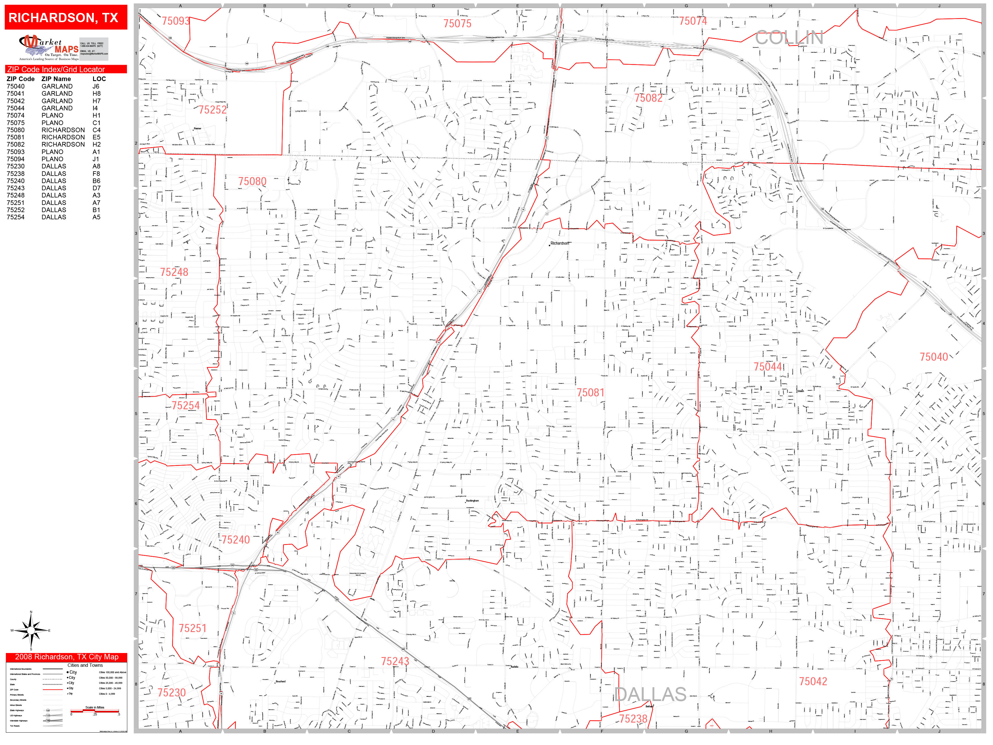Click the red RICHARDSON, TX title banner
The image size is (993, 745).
click(x=66, y=18)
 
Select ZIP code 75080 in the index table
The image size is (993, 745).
click(x=16, y=130)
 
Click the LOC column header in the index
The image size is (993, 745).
click(x=99, y=78)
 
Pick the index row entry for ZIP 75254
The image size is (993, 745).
click(x=16, y=217)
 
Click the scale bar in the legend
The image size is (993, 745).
click(x=95, y=711)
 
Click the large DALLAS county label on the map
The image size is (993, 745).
click(x=650, y=694)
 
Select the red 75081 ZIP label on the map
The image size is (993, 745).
click(x=590, y=393)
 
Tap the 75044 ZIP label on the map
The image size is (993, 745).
click(x=768, y=367)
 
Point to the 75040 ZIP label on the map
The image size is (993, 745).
click(x=934, y=357)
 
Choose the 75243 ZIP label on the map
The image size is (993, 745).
click(x=395, y=661)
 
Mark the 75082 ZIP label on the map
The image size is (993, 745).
click(x=648, y=98)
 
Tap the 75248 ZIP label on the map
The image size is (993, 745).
click(x=174, y=272)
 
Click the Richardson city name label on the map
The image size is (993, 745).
click(x=560, y=243)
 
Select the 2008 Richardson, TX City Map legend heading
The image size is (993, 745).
click(x=66, y=656)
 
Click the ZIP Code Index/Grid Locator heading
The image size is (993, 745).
click(x=56, y=69)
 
